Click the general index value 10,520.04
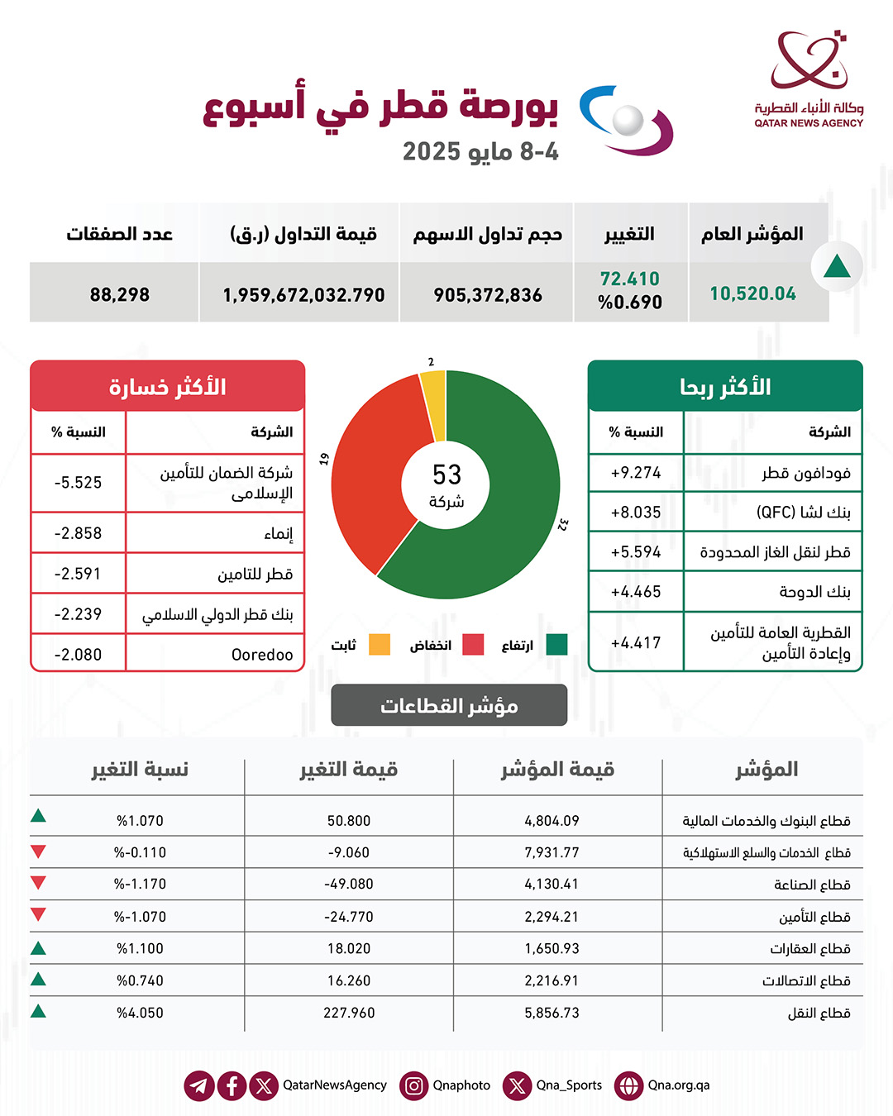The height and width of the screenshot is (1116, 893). pos(752,293)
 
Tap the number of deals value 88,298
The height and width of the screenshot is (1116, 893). pos(120,294)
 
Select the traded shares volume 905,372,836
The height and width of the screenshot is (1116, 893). pos(488,294)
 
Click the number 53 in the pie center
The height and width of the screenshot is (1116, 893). pos(446,475)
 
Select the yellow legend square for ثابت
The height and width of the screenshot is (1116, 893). pos(380,645)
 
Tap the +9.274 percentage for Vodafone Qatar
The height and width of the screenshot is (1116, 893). pos(636,473)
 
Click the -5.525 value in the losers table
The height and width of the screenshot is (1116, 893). pos(79,483)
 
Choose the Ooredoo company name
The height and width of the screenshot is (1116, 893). pos(262,655)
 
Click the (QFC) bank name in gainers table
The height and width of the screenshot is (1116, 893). pos(803,513)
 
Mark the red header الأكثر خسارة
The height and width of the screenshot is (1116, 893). pos(168,387)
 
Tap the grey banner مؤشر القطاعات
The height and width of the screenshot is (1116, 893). pos(449,705)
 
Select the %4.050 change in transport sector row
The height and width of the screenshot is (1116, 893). pos(140,1013)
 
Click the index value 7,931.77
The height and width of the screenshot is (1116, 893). pos(552,852)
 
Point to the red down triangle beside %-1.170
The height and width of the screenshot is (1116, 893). pos(38,883)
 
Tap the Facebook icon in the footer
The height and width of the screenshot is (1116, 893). pos(232,1085)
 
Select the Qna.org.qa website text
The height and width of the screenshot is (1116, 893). pos(678,1085)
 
